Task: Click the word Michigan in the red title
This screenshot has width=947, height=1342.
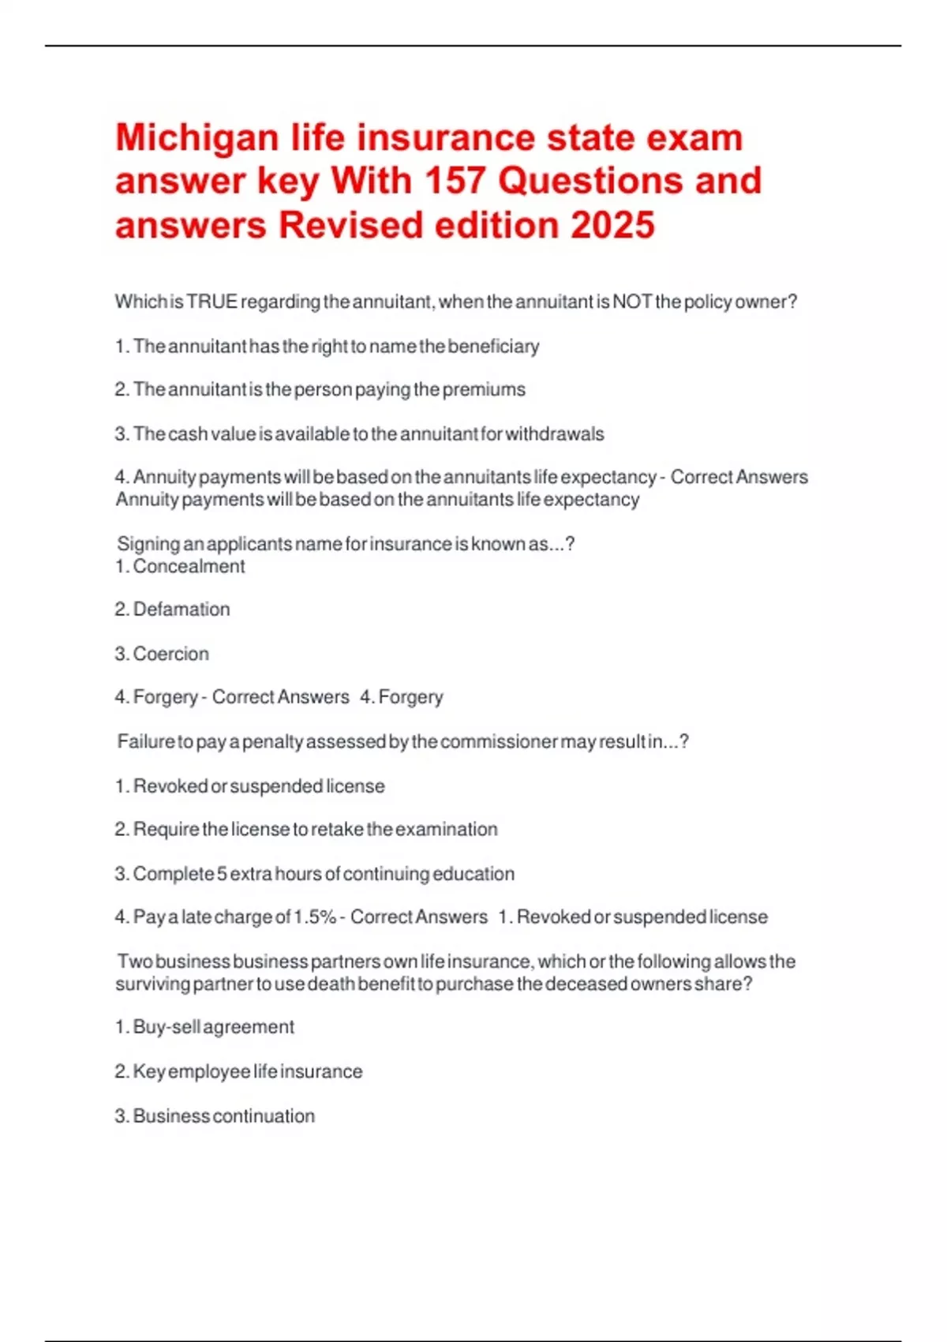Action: [195, 139]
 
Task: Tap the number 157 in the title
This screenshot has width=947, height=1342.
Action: [454, 182]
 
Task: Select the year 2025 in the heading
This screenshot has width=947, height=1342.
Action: [612, 226]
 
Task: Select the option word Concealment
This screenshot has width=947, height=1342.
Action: [189, 566]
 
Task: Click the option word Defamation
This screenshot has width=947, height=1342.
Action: [182, 609]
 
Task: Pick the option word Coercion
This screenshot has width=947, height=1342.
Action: [171, 654]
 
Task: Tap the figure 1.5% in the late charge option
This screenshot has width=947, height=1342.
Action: [315, 917]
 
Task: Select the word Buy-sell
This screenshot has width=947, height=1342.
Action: [166, 1027]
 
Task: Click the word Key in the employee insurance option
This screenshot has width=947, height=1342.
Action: [149, 1072]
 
